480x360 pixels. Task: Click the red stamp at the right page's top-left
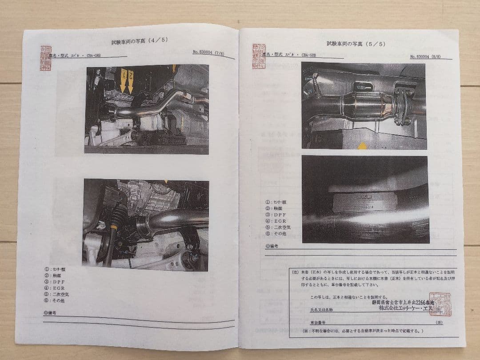258,56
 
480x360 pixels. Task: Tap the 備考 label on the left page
50,313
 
